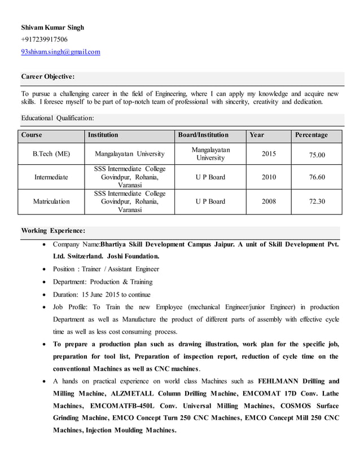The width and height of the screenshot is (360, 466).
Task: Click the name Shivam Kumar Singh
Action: (x=52, y=27)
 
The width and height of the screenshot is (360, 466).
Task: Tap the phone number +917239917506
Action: (x=44, y=39)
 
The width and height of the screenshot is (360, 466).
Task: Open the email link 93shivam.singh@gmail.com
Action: (x=60, y=52)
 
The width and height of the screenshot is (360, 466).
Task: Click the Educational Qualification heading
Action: (x=58, y=118)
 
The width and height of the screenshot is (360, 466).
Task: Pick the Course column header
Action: (x=32, y=135)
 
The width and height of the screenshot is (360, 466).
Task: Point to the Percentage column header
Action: (x=310, y=135)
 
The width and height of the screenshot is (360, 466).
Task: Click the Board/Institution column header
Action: (x=203, y=135)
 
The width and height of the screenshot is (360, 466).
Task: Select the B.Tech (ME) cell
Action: (x=51, y=153)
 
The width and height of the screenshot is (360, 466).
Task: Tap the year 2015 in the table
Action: (x=269, y=153)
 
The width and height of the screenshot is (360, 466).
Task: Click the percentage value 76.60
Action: (x=317, y=177)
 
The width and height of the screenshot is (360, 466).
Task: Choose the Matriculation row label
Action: (x=51, y=201)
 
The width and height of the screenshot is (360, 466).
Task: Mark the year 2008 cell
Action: (x=269, y=201)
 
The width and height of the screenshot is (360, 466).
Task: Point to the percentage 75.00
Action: (x=317, y=154)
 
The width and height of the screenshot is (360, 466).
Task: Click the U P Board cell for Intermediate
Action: (x=210, y=177)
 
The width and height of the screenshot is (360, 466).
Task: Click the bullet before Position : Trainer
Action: (x=45, y=270)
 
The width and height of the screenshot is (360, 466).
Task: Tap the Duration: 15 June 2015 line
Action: (x=102, y=294)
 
